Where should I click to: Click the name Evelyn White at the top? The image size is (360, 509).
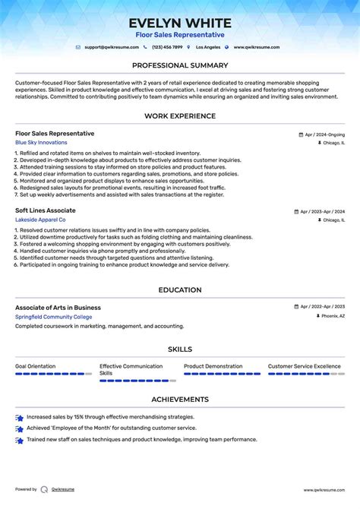(x=180, y=23)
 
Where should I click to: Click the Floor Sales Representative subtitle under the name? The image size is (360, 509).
(x=180, y=35)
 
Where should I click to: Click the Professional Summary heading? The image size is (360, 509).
(x=180, y=65)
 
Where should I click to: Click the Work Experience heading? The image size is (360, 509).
(x=180, y=116)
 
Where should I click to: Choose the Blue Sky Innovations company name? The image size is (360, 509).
(x=41, y=143)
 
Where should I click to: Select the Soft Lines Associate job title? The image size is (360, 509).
(x=46, y=210)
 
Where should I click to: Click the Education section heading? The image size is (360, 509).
(x=180, y=290)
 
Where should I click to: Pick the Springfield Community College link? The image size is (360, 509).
(x=53, y=317)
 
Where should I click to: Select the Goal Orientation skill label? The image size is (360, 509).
(x=35, y=366)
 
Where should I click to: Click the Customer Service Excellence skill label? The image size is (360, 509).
(x=305, y=366)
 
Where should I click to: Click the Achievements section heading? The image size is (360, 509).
(x=180, y=399)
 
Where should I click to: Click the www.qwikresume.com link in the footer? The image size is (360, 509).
(x=324, y=490)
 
